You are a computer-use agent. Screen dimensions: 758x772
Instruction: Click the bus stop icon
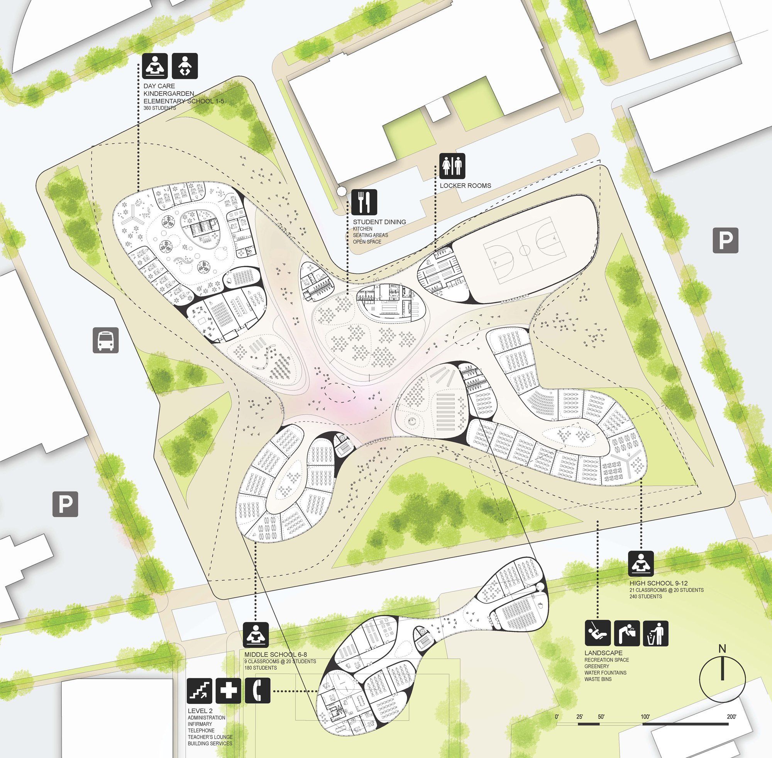point(105,340)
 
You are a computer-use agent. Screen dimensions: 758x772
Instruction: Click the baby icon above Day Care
point(184,66)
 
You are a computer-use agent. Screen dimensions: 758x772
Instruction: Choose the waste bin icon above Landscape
point(655,633)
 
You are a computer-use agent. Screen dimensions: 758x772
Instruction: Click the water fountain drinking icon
point(627,633)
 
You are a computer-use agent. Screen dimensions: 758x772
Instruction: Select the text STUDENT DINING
point(379,222)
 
